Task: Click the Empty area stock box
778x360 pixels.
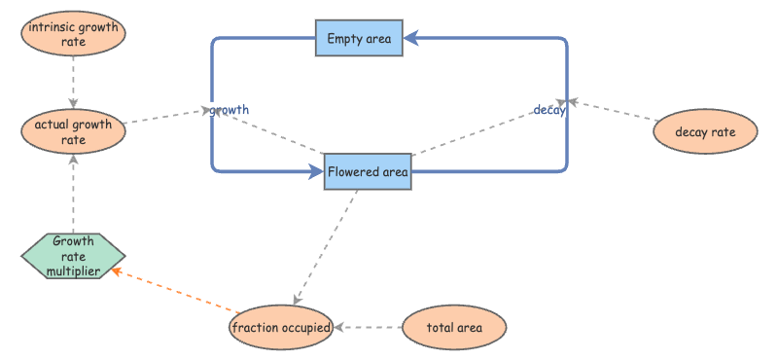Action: pyautogui.click(x=359, y=38)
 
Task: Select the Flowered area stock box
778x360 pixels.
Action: pyautogui.click(x=368, y=172)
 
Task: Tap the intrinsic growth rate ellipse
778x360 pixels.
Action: pyautogui.click(x=74, y=33)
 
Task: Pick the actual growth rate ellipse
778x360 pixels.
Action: pyautogui.click(x=74, y=131)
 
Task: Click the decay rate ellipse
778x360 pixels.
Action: pyautogui.click(x=705, y=131)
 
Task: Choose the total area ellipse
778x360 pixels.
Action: pyautogui.click(x=454, y=328)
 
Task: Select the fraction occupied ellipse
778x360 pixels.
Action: pyautogui.click(x=281, y=328)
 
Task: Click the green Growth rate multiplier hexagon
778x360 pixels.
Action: pyautogui.click(x=74, y=256)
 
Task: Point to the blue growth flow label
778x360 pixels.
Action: pyautogui.click(x=229, y=110)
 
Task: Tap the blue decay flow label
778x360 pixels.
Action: pyautogui.click(x=549, y=110)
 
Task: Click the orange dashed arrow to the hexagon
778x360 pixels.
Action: pyautogui.click(x=176, y=291)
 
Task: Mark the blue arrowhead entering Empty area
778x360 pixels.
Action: pyautogui.click(x=411, y=38)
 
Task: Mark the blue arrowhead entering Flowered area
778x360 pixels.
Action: pyautogui.click(x=315, y=172)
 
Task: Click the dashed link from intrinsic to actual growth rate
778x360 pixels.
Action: pyautogui.click(x=74, y=83)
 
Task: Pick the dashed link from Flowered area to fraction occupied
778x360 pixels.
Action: pyautogui.click(x=326, y=247)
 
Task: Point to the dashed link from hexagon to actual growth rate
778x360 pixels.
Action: pyautogui.click(x=74, y=194)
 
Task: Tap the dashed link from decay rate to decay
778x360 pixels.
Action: pyautogui.click(x=613, y=110)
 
